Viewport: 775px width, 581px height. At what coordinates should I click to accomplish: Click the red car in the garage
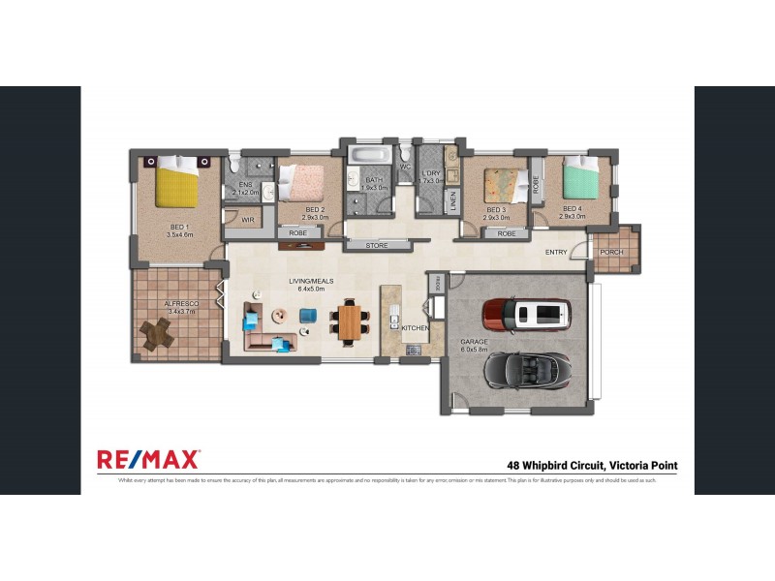527,313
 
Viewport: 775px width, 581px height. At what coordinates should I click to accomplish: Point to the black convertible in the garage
527,370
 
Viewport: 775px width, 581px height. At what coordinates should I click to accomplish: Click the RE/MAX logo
148,458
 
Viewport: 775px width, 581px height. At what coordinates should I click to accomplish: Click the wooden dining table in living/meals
349,321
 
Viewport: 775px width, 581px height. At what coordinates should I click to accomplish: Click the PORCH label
613,253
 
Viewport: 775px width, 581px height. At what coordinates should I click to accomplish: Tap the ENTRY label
556,252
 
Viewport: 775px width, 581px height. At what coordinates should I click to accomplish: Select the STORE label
377,246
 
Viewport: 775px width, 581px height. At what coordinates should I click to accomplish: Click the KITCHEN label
415,329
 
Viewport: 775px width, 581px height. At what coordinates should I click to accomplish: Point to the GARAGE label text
476,341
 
